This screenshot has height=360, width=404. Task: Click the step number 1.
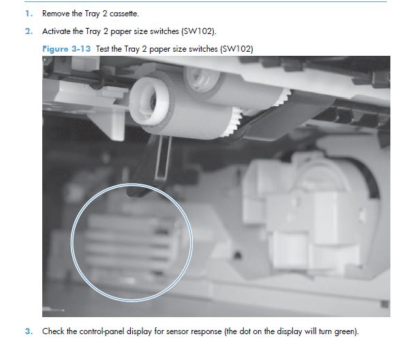(x=29, y=14)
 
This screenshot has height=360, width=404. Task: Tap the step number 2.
(x=29, y=31)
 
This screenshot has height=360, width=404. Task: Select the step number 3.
(x=29, y=331)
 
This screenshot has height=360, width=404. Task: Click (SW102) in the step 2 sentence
(x=199, y=31)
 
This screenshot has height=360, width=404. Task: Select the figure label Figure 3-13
(x=67, y=49)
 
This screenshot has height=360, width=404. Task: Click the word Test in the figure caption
(x=102, y=49)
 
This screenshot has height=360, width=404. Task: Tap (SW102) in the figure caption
(x=236, y=49)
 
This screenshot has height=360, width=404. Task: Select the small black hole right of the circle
(x=237, y=255)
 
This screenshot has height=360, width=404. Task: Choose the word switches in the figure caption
(x=204, y=49)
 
